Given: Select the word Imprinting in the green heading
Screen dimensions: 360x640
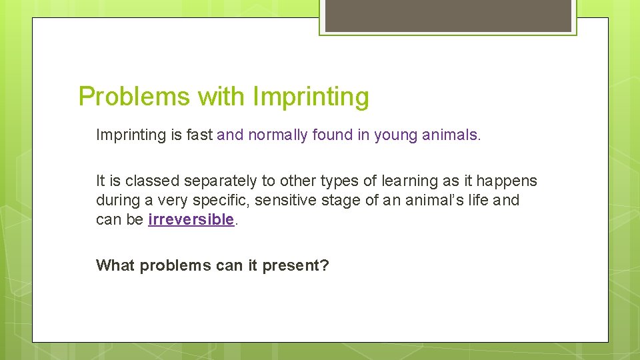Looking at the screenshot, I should coord(311,97).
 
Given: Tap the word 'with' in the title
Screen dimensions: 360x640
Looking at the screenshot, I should coord(221,97).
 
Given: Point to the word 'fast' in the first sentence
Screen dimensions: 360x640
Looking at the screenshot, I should coord(199,135).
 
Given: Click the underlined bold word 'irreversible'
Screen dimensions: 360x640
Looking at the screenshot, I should coord(191,219).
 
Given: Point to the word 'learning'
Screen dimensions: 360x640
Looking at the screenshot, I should coord(409,181).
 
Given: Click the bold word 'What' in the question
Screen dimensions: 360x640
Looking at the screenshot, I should coord(116,265).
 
